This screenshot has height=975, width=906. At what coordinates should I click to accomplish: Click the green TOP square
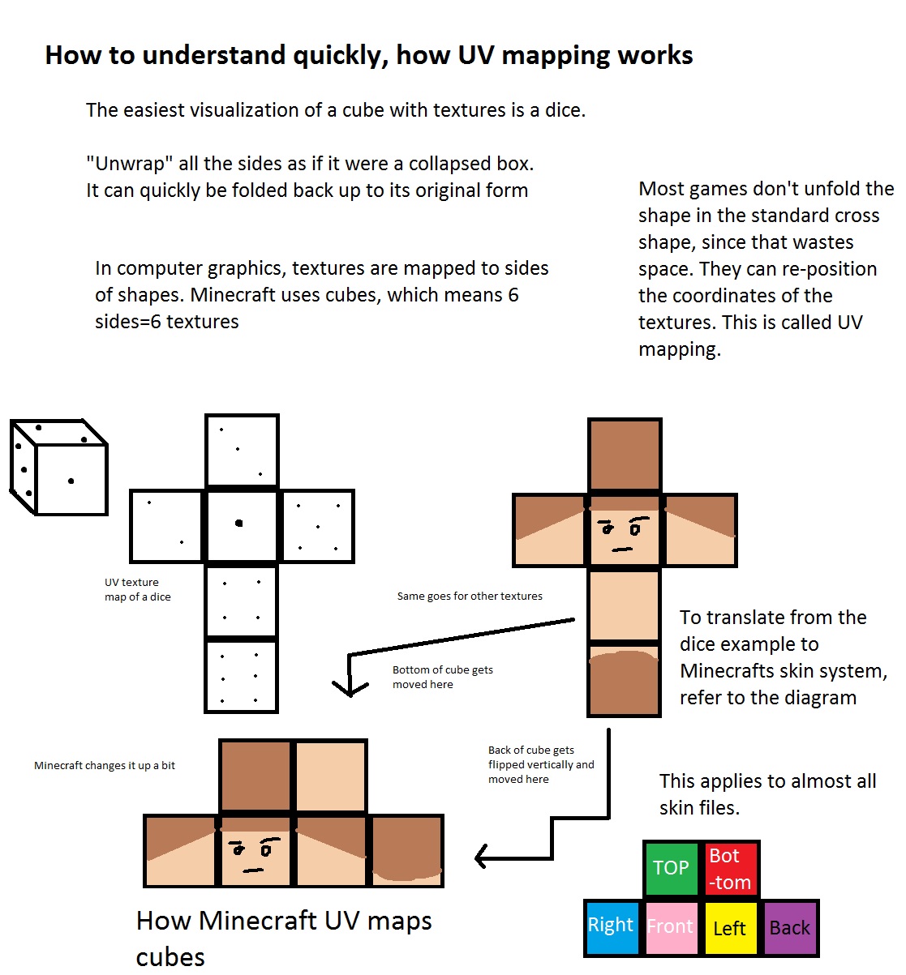pyautogui.click(x=671, y=868)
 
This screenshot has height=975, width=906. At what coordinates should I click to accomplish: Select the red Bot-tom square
pyautogui.click(x=730, y=868)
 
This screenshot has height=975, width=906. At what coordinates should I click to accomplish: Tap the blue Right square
pyautogui.click(x=611, y=926)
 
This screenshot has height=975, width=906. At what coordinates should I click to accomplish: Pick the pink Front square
pyautogui.click(x=670, y=926)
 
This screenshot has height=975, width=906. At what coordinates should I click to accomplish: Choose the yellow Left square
pyautogui.click(x=729, y=928)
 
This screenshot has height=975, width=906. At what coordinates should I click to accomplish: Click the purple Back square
pyautogui.click(x=789, y=928)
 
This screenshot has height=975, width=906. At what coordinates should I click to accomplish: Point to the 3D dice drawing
pyautogui.click(x=59, y=468)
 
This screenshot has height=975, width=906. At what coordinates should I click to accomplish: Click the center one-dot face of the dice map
pyautogui.click(x=241, y=525)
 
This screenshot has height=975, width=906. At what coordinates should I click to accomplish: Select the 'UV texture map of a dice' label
pyautogui.click(x=137, y=589)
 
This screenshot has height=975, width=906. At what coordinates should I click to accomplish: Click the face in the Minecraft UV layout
pyautogui.click(x=254, y=853)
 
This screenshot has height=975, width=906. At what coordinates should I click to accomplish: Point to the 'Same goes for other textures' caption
pyautogui.click(x=470, y=596)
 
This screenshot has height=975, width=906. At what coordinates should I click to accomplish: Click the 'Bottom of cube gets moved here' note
pyautogui.click(x=442, y=677)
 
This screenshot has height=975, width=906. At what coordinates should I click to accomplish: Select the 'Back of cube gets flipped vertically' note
pyautogui.click(x=540, y=764)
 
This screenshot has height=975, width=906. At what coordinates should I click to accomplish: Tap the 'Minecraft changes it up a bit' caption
pyautogui.click(x=105, y=765)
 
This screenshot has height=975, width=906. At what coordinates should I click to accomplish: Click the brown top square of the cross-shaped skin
pyautogui.click(x=624, y=455)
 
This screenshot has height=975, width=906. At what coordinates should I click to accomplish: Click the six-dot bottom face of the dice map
pyautogui.click(x=241, y=677)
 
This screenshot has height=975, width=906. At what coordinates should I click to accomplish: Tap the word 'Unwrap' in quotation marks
pyautogui.click(x=129, y=164)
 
